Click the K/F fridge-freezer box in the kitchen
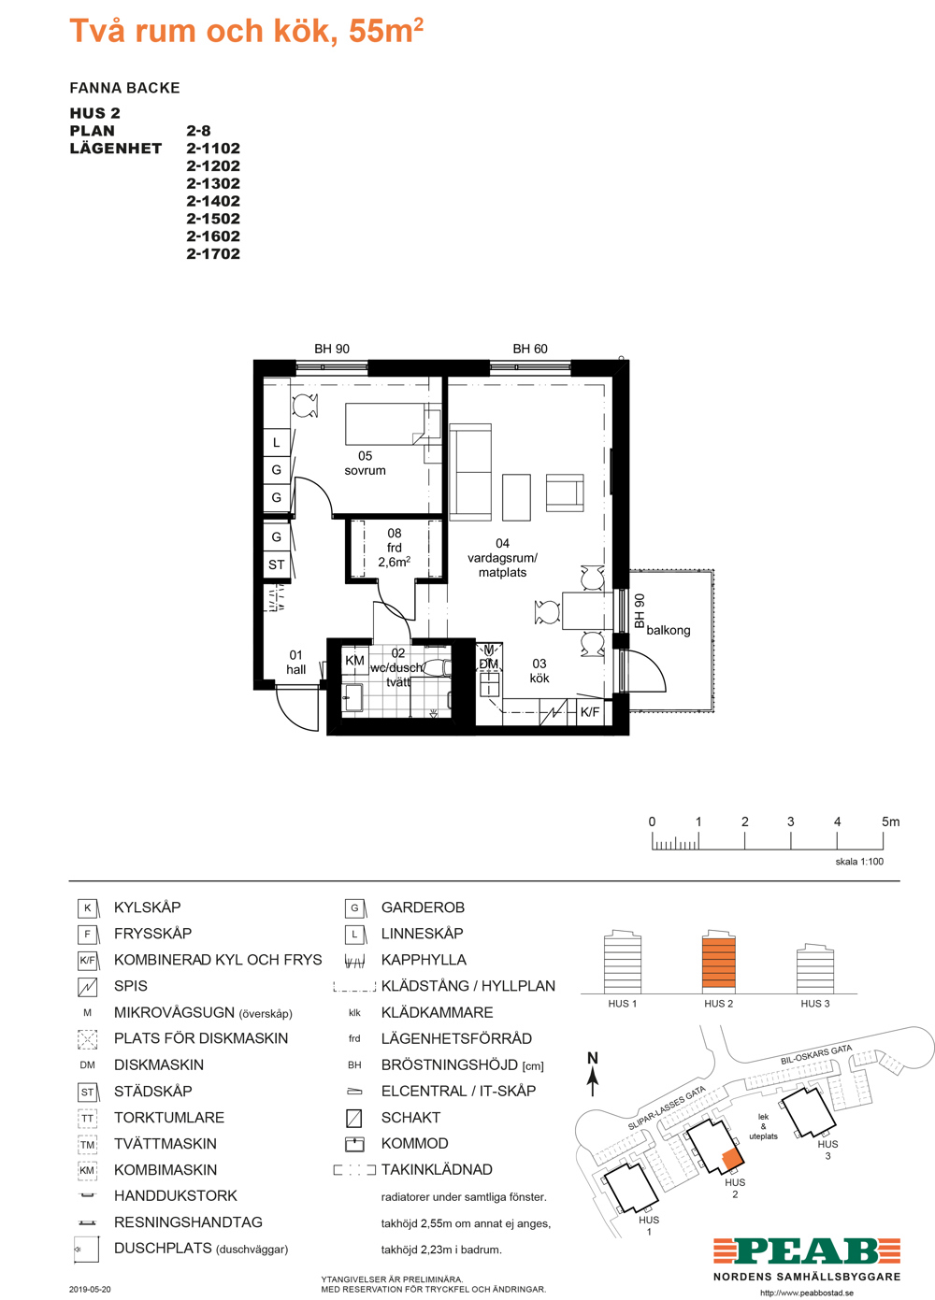(590, 711)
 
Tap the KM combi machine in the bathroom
(354, 660)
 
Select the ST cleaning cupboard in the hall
(277, 564)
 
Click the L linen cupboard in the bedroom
(277, 442)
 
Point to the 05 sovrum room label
(365, 464)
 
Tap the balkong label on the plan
(669, 630)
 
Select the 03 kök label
(539, 670)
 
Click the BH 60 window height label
(529, 349)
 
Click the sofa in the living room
(470, 471)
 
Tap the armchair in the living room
(565, 493)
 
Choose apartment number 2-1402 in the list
(213, 201)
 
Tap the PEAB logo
(807, 1250)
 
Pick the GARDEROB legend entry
(423, 907)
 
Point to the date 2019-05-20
(90, 1290)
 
